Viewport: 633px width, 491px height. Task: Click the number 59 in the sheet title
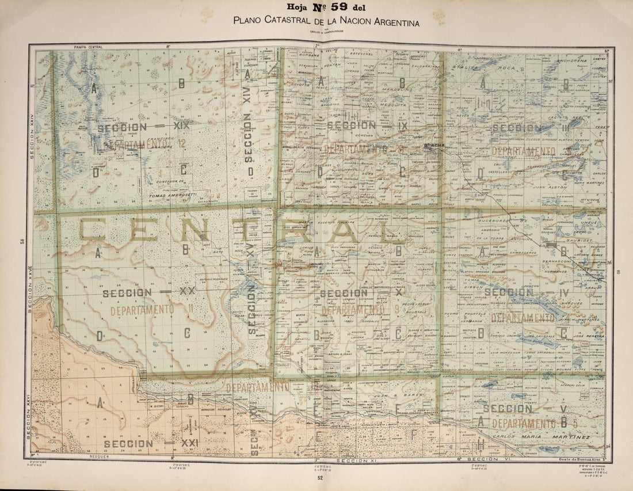(x=347, y=7)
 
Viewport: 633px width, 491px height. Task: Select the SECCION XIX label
(x=143, y=127)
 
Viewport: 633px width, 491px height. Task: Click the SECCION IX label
(x=367, y=125)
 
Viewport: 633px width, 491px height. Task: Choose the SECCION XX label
(x=149, y=292)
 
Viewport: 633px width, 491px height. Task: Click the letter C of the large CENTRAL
(x=91, y=230)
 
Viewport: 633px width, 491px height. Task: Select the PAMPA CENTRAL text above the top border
(x=87, y=46)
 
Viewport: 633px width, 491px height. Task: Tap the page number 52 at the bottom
(x=320, y=477)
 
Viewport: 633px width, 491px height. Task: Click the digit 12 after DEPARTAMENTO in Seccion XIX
(x=181, y=144)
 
